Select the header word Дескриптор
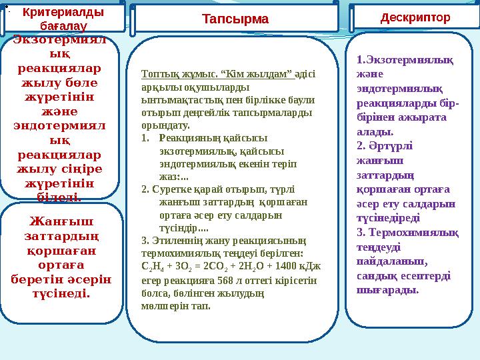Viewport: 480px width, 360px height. (x=415, y=17)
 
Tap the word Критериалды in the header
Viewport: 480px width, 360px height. (x=63, y=13)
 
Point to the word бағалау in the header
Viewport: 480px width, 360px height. (x=63, y=25)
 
